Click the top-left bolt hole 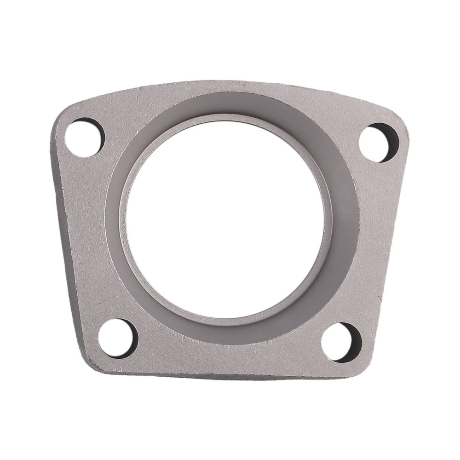pyautogui.click(x=84, y=138)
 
